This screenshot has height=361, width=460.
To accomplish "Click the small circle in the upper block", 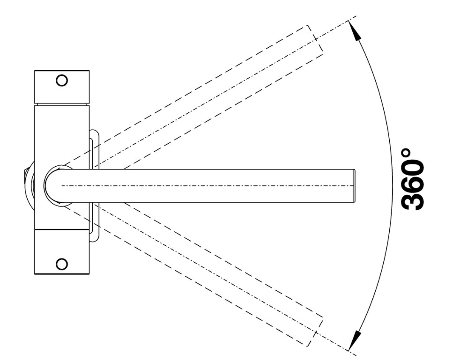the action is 62,81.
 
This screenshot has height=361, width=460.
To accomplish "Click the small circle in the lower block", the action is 62,264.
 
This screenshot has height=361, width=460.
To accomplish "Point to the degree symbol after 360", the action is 406,153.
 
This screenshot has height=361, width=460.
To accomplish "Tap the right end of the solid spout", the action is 355,185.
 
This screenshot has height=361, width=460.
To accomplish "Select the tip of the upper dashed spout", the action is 315,38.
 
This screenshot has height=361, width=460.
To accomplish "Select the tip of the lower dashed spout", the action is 314,332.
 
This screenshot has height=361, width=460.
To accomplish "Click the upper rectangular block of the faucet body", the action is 62,87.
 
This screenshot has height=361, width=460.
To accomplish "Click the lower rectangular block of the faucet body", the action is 62,252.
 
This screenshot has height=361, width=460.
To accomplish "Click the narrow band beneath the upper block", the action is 62,104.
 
